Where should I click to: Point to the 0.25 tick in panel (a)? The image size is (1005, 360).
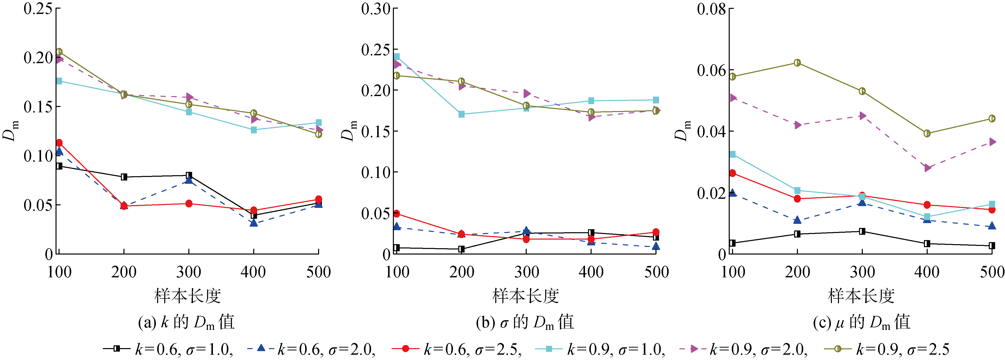pos(38,9)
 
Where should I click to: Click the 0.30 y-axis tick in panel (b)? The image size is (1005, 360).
pos(376,9)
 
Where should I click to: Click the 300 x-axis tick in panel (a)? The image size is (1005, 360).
pos(189,272)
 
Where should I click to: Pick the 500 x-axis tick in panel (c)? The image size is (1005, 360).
pos(992,272)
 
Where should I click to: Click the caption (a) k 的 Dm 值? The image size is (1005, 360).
pos(187,322)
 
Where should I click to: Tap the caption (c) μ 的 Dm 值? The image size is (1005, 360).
pos(862,322)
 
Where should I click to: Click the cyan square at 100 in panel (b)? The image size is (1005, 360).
pos(396,57)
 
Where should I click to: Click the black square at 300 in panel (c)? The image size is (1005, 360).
pos(862,231)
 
